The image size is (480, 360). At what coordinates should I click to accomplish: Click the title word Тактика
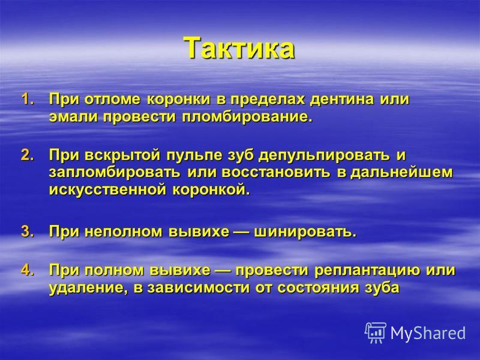click(x=239, y=49)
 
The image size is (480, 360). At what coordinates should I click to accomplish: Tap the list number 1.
click(x=27, y=100)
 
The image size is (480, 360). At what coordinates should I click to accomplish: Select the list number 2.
click(x=27, y=155)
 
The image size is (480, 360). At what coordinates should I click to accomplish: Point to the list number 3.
click(x=27, y=231)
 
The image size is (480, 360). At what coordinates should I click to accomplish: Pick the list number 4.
click(x=27, y=269)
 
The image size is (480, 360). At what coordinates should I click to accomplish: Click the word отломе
click(x=112, y=100)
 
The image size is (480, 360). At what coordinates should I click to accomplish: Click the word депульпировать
click(x=324, y=156)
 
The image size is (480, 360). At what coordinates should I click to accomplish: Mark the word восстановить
click(x=276, y=173)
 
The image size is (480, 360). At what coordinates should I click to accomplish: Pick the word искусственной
click(x=108, y=190)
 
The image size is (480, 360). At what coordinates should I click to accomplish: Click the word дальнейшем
click(x=401, y=173)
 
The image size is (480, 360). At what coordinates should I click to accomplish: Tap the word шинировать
click(x=305, y=232)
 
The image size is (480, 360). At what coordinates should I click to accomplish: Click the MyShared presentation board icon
click(x=376, y=332)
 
